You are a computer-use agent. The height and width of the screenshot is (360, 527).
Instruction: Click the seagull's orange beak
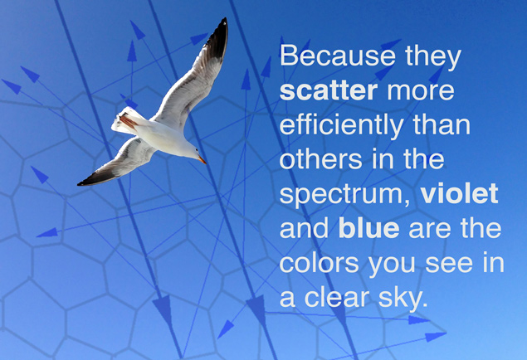(x=202, y=160)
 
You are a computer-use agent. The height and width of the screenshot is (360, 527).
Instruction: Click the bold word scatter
(x=329, y=90)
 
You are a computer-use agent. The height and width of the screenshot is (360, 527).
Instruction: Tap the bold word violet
(x=459, y=194)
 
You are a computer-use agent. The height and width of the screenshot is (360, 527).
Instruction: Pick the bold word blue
(x=368, y=228)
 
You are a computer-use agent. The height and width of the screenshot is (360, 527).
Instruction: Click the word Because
(x=338, y=56)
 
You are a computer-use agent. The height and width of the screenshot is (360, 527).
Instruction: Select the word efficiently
(x=341, y=126)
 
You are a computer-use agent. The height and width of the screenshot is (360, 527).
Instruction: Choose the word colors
(x=319, y=263)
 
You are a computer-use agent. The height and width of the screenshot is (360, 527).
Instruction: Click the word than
(x=442, y=124)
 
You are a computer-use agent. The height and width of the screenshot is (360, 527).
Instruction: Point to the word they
(x=433, y=57)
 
